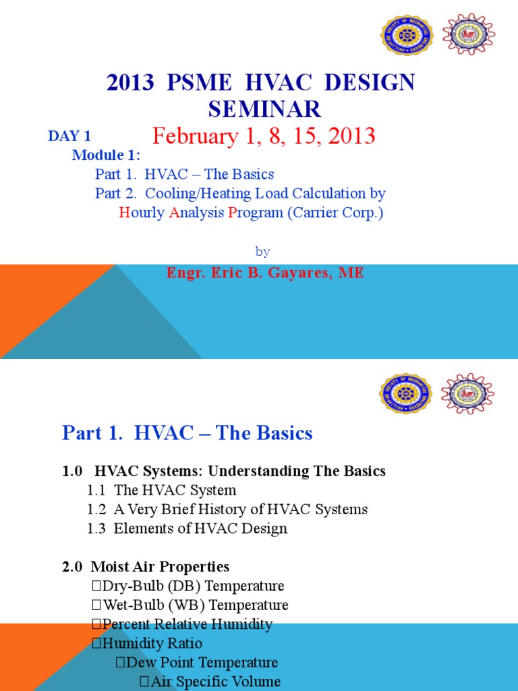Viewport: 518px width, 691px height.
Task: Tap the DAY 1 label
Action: [69, 136]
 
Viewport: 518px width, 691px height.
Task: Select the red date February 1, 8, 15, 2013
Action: [264, 136]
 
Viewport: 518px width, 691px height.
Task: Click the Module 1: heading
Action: [106, 155]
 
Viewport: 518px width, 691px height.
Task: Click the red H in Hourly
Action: [123, 213]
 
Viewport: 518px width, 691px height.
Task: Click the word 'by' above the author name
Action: [263, 251]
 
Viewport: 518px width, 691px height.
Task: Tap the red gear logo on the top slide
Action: [469, 34]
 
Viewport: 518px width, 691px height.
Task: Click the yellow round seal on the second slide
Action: [405, 394]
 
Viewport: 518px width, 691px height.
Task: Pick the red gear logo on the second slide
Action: [467, 393]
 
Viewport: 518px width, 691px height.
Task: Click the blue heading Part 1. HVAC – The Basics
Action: [188, 433]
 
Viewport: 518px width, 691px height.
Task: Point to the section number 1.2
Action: [96, 509]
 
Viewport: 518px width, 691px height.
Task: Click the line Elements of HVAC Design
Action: [200, 528]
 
